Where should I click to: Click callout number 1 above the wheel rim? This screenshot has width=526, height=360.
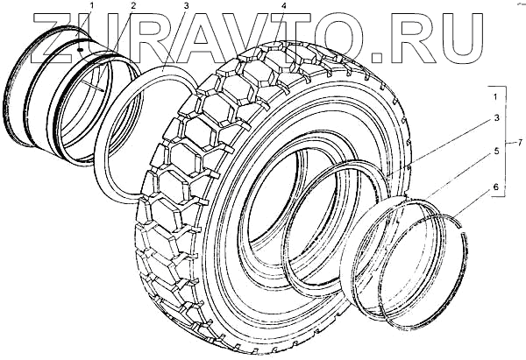(92, 6)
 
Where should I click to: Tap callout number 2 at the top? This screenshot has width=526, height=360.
(133, 6)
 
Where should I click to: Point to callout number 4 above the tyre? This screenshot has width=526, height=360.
(284, 6)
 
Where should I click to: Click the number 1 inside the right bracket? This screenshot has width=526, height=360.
(495, 97)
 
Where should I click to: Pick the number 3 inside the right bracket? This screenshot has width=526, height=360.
(496, 118)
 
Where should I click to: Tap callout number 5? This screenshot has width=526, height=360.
(496, 151)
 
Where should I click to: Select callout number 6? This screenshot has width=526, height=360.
(496, 187)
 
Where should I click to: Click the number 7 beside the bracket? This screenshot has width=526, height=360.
(520, 143)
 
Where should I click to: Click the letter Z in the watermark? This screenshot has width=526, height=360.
(56, 39)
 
